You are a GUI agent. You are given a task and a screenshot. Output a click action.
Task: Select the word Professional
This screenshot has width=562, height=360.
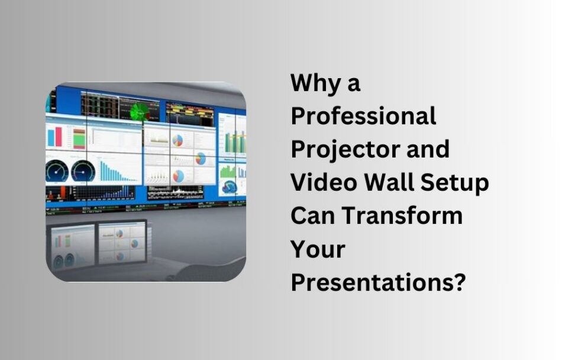point(363,116)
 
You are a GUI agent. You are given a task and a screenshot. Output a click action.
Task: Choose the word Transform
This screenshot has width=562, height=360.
point(403,216)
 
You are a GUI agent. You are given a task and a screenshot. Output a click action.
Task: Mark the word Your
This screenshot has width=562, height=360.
point(318,249)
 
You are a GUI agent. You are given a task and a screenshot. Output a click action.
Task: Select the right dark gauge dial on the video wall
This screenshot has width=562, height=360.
point(83,171)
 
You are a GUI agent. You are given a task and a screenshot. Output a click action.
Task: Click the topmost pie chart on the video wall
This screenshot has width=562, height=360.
point(177,140)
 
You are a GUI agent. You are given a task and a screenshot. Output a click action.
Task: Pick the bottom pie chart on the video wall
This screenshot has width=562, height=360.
point(177,176)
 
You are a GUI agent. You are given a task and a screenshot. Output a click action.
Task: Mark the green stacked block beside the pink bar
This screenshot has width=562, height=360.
point(79,137)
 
